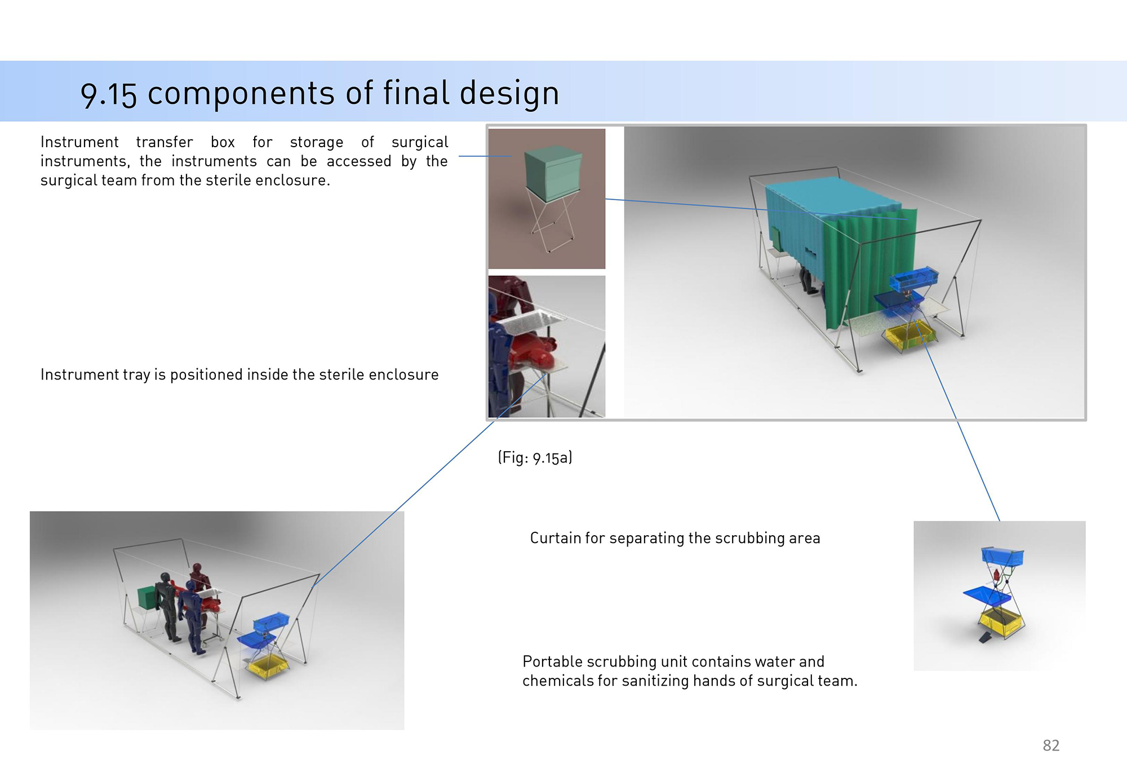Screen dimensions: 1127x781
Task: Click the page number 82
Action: click(x=1051, y=745)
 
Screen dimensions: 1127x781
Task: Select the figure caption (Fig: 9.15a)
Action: click(x=535, y=457)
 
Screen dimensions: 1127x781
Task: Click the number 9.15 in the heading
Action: click(x=109, y=94)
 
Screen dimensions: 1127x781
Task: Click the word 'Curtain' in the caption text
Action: click(x=555, y=538)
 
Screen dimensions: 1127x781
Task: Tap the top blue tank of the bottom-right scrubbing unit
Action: click(x=1002, y=556)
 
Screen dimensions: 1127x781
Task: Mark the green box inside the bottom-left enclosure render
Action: click(x=147, y=598)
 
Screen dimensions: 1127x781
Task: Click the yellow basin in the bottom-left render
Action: click(x=268, y=665)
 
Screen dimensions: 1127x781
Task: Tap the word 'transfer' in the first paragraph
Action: click(x=165, y=142)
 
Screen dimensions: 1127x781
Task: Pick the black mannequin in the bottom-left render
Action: click(x=168, y=607)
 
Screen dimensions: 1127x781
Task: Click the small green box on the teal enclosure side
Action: click(x=775, y=239)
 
